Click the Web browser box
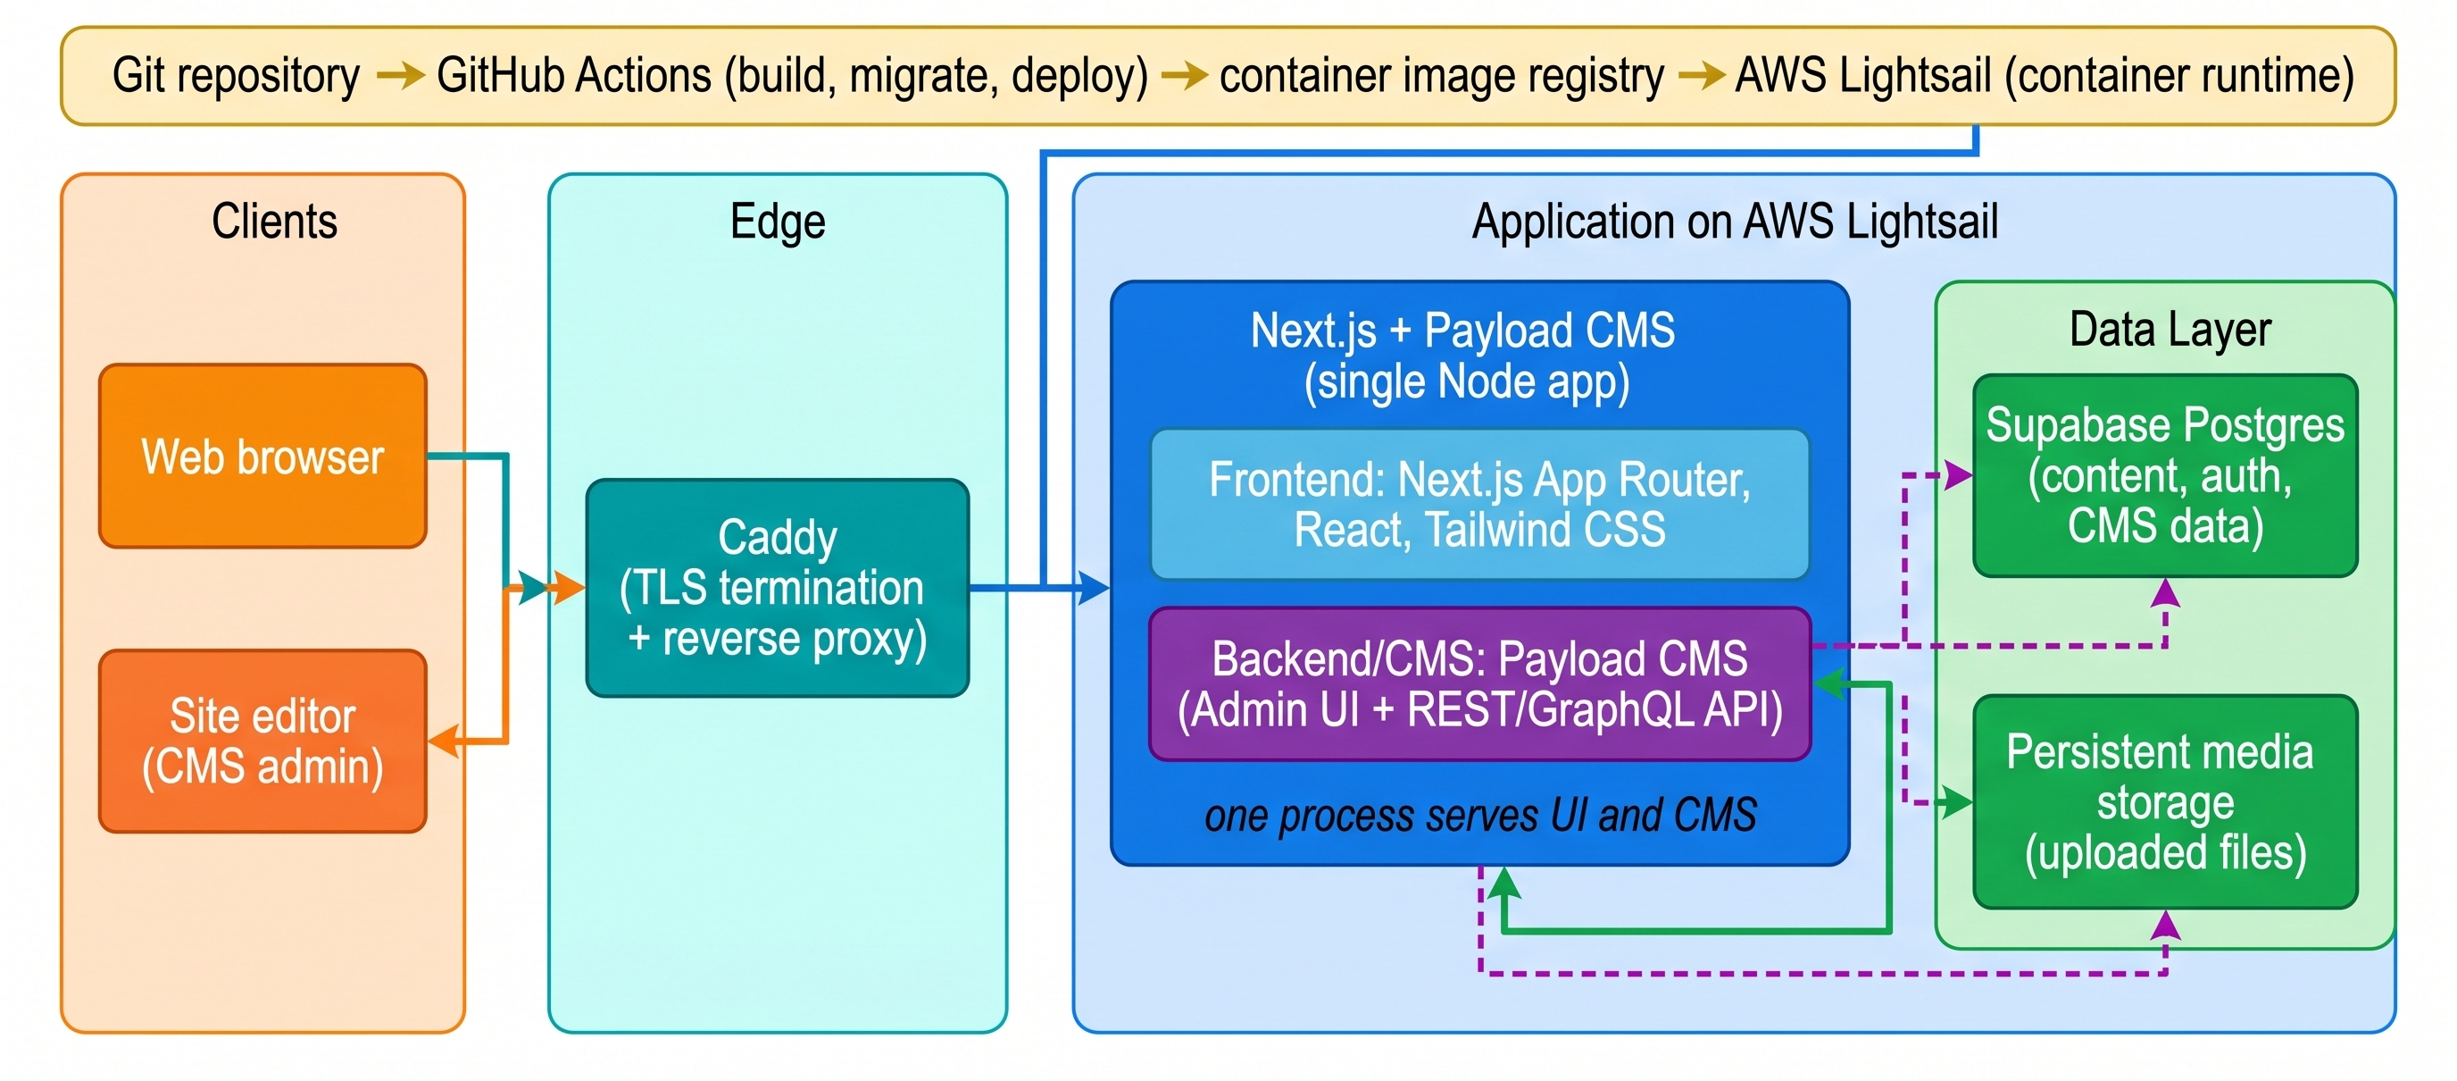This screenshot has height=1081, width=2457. coord(262,456)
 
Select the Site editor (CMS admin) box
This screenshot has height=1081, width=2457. coord(262,742)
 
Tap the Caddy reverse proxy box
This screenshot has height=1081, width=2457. coord(778,588)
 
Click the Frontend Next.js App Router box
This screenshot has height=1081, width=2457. coord(1479,504)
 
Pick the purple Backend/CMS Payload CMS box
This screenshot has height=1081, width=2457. coord(1479,684)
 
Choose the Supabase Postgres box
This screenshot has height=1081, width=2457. coord(2165,475)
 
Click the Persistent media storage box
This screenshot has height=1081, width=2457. coord(2165,801)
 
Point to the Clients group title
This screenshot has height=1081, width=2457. coord(275,222)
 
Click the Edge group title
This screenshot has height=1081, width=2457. coord(778,222)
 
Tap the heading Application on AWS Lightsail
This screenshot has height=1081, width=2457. coord(1735,222)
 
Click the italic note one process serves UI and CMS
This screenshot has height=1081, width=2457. coord(1480,816)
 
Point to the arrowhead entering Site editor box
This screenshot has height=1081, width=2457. coord(444,742)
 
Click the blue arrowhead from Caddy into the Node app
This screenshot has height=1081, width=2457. coord(1094,588)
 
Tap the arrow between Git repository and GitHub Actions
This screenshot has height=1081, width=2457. coord(401,75)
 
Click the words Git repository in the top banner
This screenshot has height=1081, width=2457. coord(236,75)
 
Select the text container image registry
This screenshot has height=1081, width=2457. coord(1441,75)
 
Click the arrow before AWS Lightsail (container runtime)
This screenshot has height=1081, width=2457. coord(1701,75)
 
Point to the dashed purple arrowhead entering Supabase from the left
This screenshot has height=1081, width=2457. coord(1958,474)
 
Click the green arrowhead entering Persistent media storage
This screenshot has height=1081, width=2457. coord(1957,802)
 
